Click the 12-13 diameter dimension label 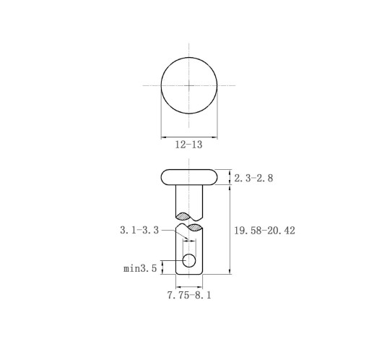pos(188,145)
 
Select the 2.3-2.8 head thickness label pos(253,178)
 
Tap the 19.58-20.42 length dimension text pos(264,231)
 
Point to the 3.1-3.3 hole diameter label pos(139,230)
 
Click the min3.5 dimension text pos(140,268)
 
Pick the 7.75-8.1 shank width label pos(189,295)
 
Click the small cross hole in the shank pos(189,260)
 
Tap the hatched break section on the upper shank pos(183,216)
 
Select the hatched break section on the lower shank pos(194,227)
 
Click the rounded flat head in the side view pos(189,177)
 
